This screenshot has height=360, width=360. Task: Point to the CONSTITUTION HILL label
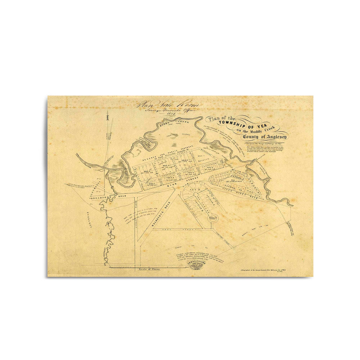197,265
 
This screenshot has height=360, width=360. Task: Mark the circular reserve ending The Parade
213,218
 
